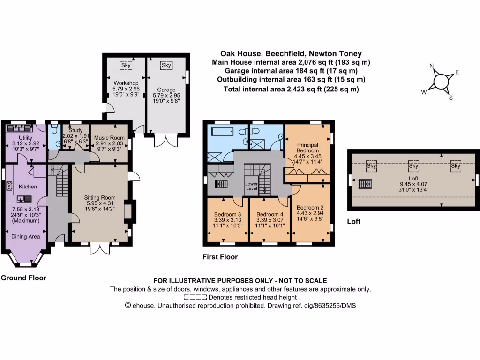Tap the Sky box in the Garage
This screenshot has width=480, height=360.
tap(166, 66)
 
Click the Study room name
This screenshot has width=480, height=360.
tap(75, 130)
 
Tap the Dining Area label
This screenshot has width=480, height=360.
tap(26, 237)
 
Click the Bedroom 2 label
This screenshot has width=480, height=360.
tap(310, 207)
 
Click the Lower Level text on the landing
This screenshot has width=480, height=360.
tap(251, 186)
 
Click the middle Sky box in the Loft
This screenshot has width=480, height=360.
tap(413, 166)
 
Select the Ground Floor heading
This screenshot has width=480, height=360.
tap(23, 278)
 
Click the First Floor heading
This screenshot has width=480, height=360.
tap(220, 257)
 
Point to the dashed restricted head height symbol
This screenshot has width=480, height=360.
tap(195, 297)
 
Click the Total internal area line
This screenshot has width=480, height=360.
tap(291, 89)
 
